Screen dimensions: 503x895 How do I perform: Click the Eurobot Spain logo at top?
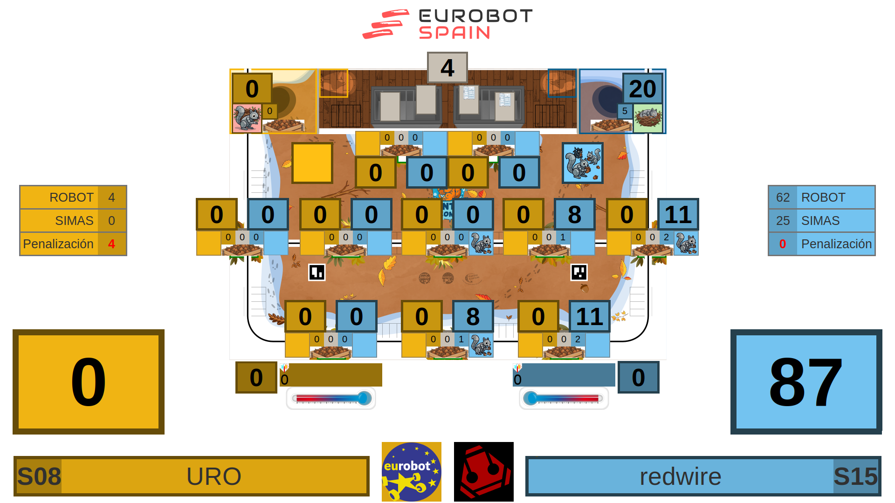[x=447, y=24]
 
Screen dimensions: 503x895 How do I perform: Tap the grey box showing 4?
[x=447, y=68]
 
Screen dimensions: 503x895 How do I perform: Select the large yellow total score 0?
[x=89, y=382]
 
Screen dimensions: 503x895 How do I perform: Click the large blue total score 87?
[x=806, y=382]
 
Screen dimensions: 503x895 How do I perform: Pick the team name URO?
[x=213, y=476]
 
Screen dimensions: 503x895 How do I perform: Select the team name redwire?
[x=680, y=476]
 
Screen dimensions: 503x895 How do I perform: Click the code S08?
[x=39, y=476]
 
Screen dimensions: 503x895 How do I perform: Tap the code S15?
[x=855, y=476]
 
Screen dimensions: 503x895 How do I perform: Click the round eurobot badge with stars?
[x=411, y=472]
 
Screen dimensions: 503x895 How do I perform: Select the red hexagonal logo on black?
[x=483, y=472]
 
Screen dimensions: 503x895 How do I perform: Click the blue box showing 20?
[x=642, y=88]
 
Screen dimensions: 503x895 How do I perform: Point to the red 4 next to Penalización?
[x=111, y=244]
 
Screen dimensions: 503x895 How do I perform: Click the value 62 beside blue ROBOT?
[x=783, y=197]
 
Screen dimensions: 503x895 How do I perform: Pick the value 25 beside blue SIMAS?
[x=783, y=221]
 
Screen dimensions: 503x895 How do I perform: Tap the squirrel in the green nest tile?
[x=648, y=117]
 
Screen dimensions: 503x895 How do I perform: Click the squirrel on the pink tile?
[x=247, y=118]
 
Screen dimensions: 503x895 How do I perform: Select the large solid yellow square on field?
[x=312, y=163]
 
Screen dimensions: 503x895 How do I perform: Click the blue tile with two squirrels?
[x=582, y=163]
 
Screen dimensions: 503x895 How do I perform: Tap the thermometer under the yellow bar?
[x=331, y=398]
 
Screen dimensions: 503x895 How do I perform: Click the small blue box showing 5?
[x=625, y=111]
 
